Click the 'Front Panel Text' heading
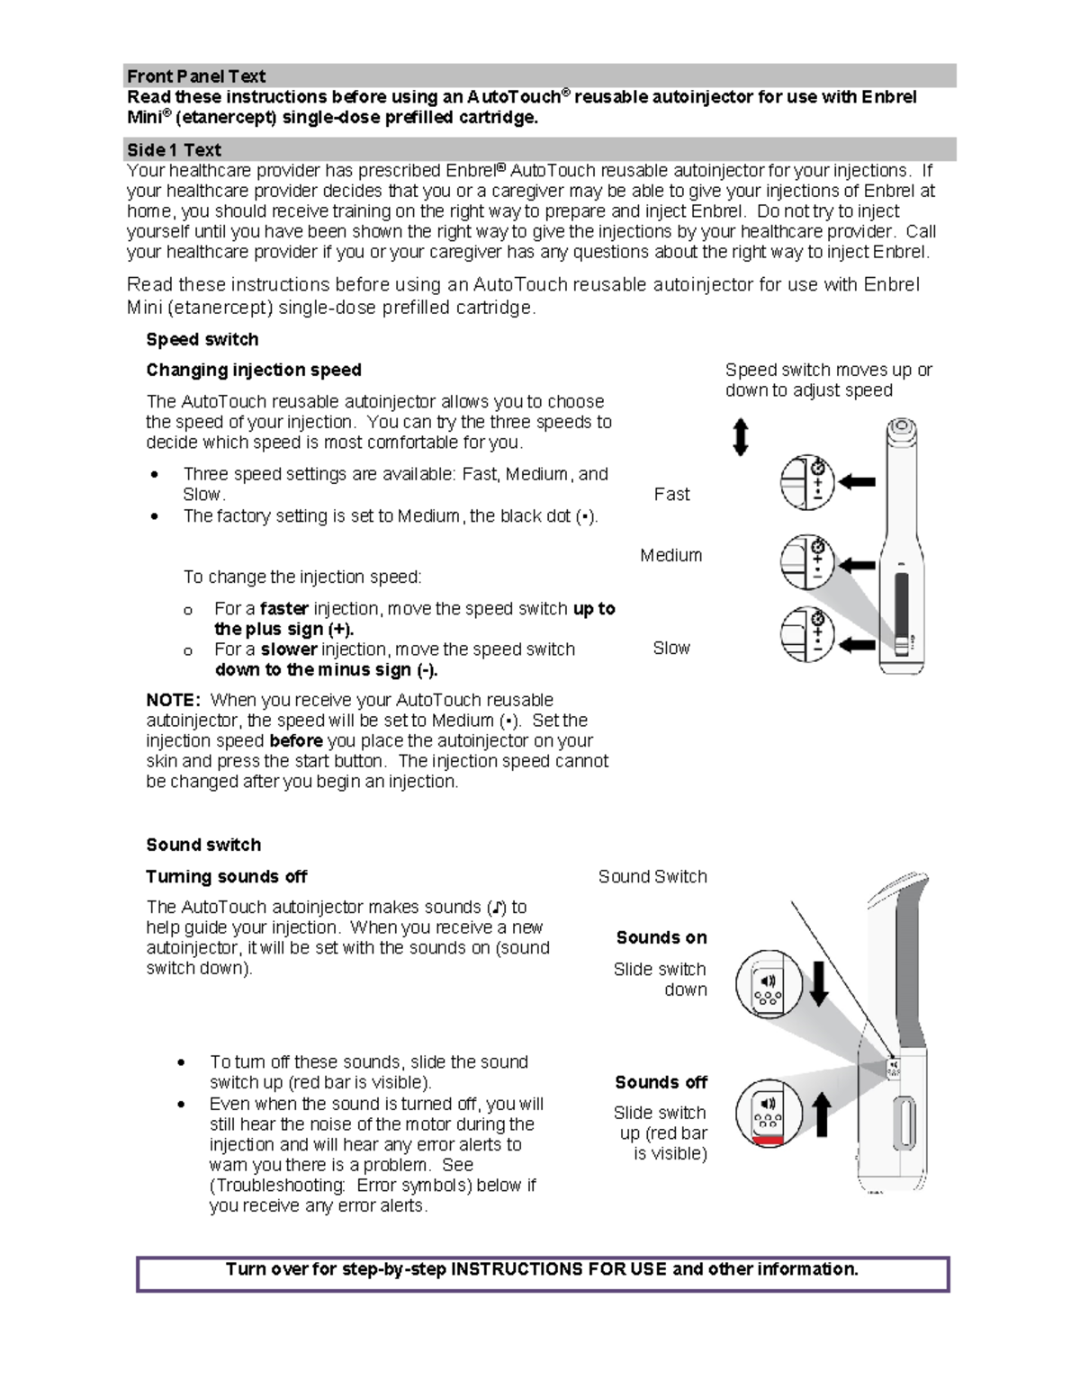coord(196,76)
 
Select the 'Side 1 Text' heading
coord(174,150)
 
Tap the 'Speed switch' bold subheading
coord(202,339)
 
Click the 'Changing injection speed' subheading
coord(254,370)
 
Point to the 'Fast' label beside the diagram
coord(671,494)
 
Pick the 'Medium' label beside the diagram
coord(670,555)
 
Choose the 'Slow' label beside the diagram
coord(671,648)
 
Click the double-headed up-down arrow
coord(741,437)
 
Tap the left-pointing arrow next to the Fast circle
coord(857,482)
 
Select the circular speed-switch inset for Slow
coord(807,634)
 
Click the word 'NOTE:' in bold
coord(174,700)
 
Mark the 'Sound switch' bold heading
coord(203,845)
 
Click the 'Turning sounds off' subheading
coord(227,876)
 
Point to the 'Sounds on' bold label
coord(661,937)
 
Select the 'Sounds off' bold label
coord(661,1082)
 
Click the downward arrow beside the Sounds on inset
coord(819,983)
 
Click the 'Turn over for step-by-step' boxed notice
coord(543,1270)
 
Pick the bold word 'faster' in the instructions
coord(284,609)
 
